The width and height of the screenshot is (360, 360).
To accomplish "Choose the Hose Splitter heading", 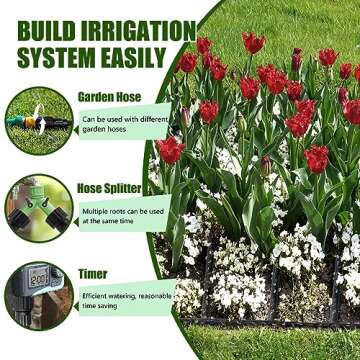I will [x=111, y=187].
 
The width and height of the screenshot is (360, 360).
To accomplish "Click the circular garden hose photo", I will [x=38, y=119].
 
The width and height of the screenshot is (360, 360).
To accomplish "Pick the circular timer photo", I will [x=38, y=296].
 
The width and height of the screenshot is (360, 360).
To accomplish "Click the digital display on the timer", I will [x=36, y=280].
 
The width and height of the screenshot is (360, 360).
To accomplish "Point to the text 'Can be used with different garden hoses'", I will [x=124, y=126].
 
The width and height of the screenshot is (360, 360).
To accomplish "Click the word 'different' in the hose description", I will [x=149, y=120].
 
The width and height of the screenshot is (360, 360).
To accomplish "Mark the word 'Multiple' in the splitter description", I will [x=98, y=211].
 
